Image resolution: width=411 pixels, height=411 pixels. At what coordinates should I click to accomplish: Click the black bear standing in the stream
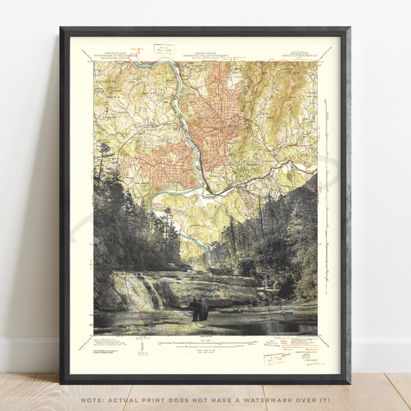coord(200,309)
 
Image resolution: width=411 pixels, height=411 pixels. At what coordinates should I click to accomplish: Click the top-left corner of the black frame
coord(61,29)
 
